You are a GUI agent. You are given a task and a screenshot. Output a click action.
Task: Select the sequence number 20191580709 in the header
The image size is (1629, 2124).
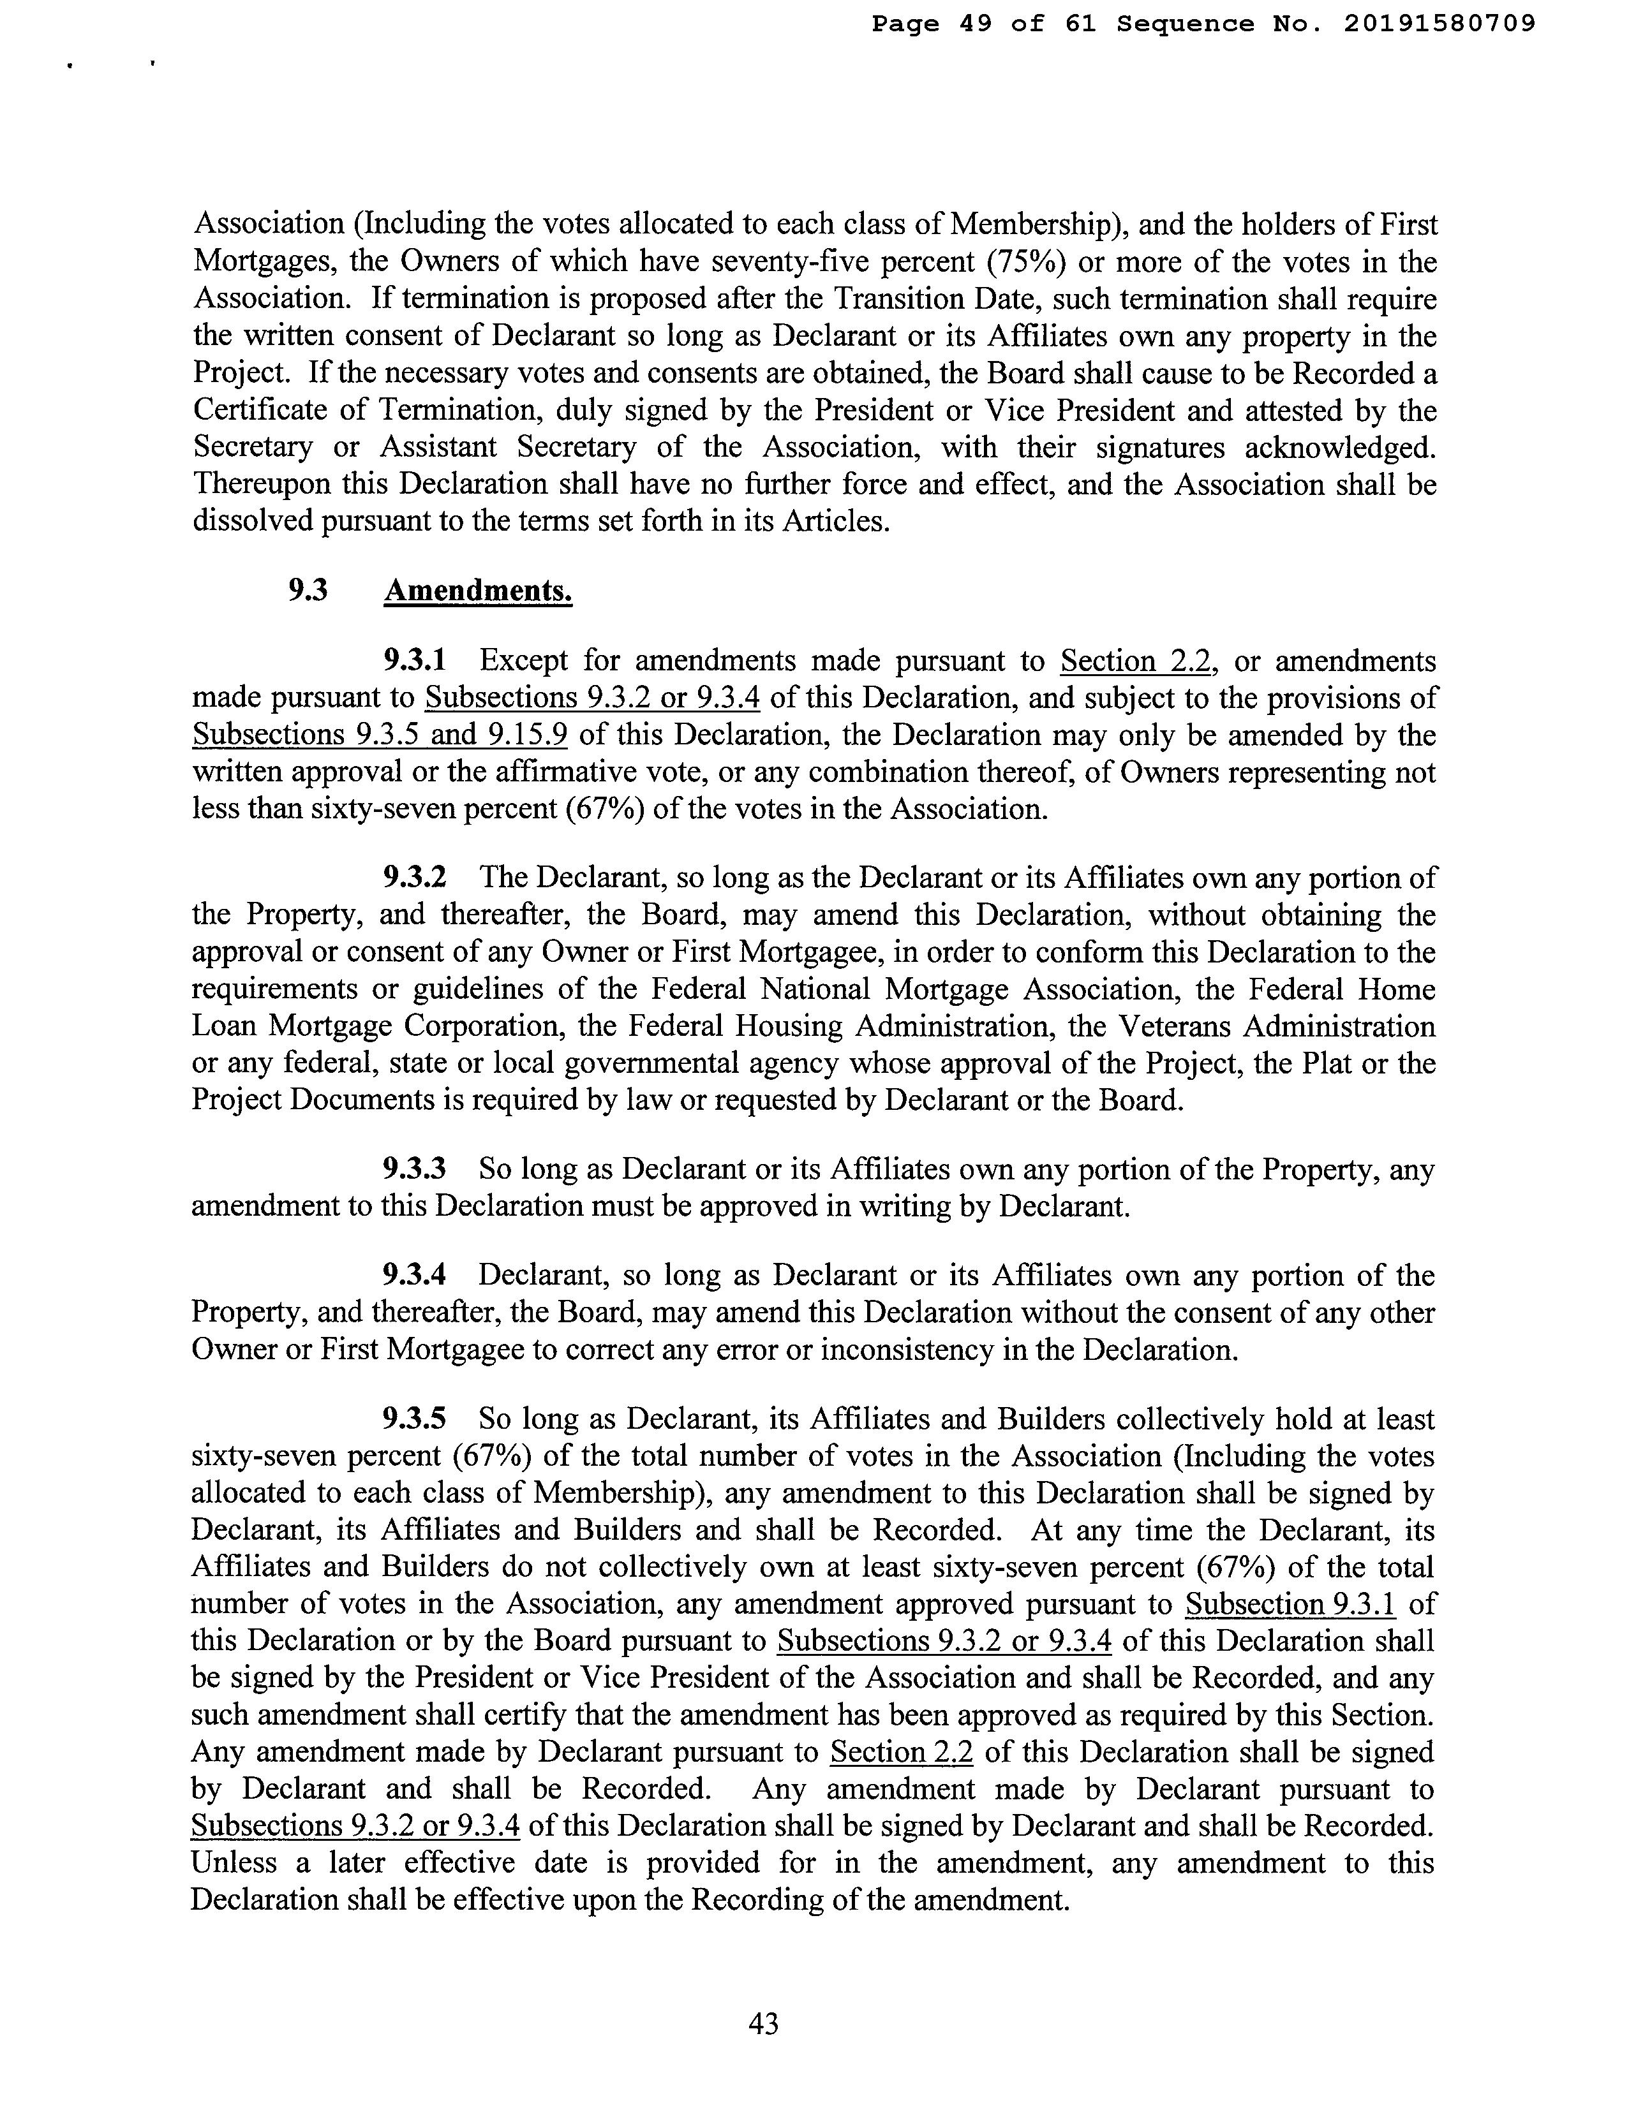click(x=1440, y=23)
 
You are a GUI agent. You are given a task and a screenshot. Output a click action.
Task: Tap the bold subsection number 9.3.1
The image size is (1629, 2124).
click(x=414, y=661)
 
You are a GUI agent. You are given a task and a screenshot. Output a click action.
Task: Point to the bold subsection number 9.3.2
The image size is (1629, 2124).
click(x=414, y=878)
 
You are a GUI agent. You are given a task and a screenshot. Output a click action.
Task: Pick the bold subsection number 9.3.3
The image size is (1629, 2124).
click(x=414, y=1169)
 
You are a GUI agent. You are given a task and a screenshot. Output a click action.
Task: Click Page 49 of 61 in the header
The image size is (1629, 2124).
click(x=983, y=23)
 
